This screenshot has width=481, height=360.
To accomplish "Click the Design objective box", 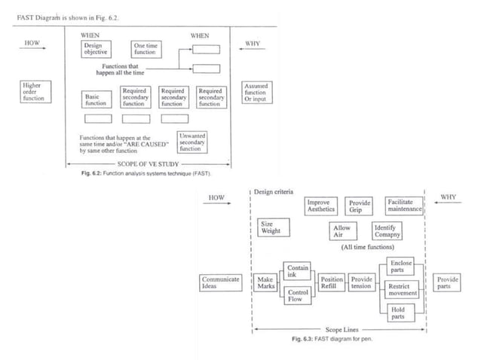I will point(96,49).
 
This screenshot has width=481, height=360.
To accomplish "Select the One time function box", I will point(145,49).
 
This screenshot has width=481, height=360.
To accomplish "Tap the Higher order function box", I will point(32,92).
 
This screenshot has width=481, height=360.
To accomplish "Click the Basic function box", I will point(97,99).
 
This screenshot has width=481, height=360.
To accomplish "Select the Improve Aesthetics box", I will point(322,206).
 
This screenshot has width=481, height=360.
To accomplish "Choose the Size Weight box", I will point(268,227).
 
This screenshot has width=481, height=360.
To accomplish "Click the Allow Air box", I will point(342,231).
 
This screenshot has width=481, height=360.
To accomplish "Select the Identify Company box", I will point(388,231).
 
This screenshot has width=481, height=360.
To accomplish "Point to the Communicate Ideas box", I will point(220,283).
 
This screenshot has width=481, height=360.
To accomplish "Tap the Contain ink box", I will point(297,271).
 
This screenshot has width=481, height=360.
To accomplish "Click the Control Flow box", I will point(297,295).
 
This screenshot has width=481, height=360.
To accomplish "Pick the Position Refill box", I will point(332,283).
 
